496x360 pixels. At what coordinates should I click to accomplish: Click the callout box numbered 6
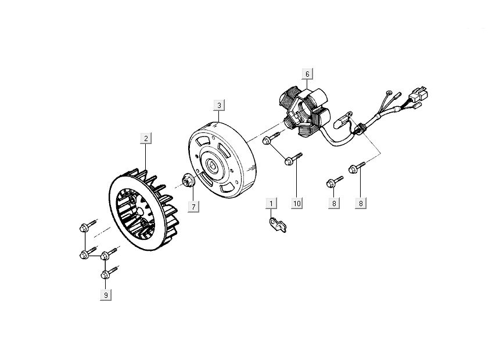[307, 74]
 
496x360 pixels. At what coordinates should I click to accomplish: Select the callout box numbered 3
[219, 105]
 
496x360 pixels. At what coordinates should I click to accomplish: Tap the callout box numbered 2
[146, 138]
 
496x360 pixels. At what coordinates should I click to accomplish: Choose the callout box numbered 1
[271, 203]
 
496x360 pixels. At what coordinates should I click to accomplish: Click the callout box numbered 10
[297, 203]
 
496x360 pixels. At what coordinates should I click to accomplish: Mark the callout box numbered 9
[106, 296]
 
